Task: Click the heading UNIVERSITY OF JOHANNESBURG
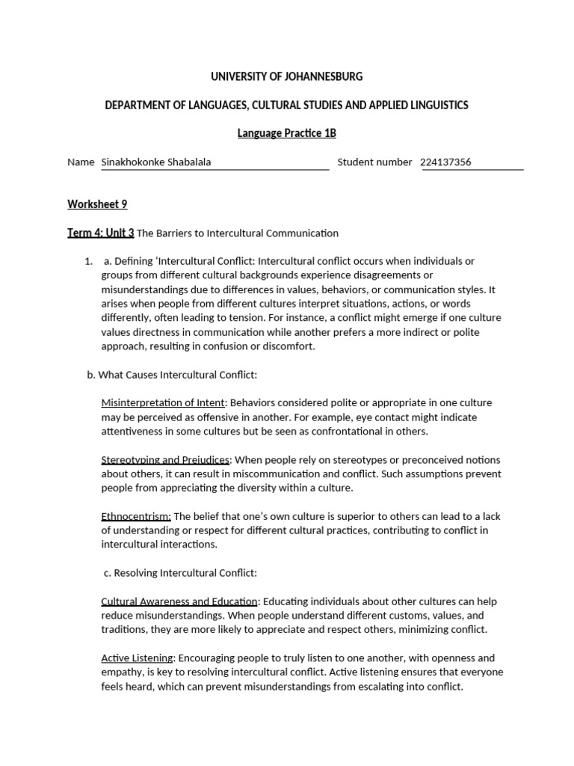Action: pos(287,76)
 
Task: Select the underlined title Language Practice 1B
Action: pos(287,133)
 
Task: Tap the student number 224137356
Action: pos(445,162)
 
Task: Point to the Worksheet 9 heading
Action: pos(92,203)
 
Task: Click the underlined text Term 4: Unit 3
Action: pos(101,233)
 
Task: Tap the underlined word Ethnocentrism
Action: pos(136,517)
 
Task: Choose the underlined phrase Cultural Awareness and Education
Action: pos(179,601)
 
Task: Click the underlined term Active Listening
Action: pos(138,658)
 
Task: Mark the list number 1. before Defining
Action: pos(88,261)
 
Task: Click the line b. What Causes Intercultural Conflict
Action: pos(172,375)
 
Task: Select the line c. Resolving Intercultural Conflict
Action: pos(180,573)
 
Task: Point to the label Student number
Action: pos(374,162)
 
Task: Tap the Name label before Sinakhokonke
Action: pos(81,162)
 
